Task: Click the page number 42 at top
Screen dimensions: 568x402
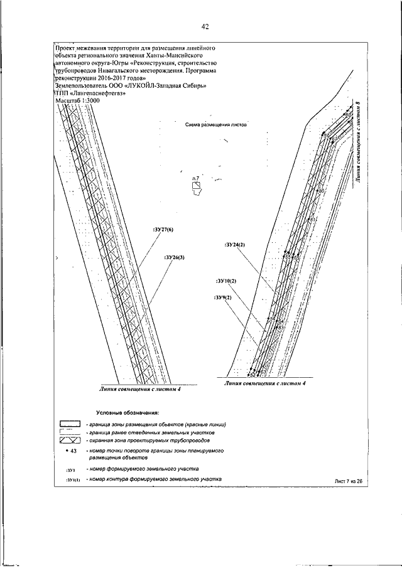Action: pyautogui.click(x=205, y=26)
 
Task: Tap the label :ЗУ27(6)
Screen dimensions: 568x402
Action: pyautogui.click(x=163, y=230)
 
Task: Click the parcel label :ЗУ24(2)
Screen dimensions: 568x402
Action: pyautogui.click(x=234, y=244)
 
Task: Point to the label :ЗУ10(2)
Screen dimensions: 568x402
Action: pyautogui.click(x=225, y=281)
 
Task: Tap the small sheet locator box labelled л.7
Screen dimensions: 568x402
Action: pyautogui.click(x=197, y=186)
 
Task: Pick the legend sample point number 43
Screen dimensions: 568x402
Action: pyautogui.click(x=69, y=451)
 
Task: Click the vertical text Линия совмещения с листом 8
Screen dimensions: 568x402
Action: pyautogui.click(x=357, y=142)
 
